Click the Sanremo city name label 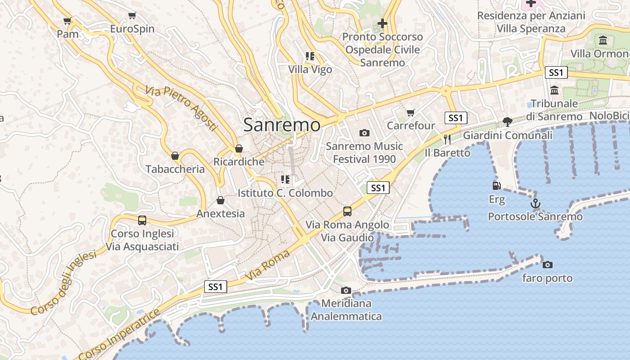[x=282, y=125]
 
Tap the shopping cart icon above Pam [x=67, y=21]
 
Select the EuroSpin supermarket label [x=132, y=29]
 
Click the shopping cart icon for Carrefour [x=410, y=112]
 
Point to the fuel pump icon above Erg [x=496, y=185]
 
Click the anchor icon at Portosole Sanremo [x=535, y=203]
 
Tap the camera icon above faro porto [x=547, y=265]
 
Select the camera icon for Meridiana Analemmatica [x=346, y=290]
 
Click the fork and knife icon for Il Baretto [x=447, y=139]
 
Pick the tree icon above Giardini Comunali [x=508, y=121]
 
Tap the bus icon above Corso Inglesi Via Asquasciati [x=142, y=220]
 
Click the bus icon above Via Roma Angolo [x=347, y=211]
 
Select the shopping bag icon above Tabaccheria [x=175, y=156]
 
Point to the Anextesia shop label [x=220, y=214]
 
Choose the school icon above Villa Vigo [x=310, y=56]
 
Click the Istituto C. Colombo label [x=285, y=193]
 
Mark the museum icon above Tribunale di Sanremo [x=554, y=90]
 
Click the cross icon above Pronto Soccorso [x=382, y=23]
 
